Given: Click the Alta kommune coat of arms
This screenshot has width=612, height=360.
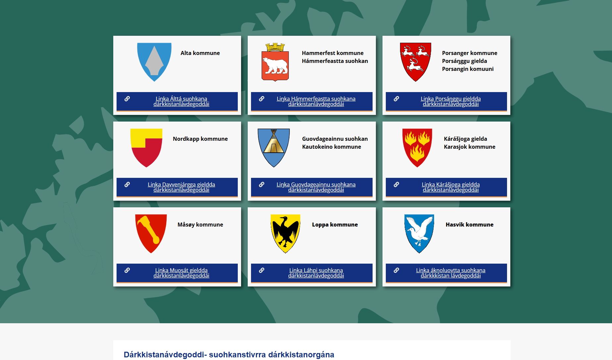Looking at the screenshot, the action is tap(154, 62).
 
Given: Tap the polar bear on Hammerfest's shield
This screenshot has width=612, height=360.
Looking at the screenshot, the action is tap(275, 66).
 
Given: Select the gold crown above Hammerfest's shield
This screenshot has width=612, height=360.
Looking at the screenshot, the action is tap(275, 47).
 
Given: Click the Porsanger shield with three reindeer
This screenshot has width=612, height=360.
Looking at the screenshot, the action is tap(415, 62).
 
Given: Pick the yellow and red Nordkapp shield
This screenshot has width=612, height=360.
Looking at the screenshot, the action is tap(146, 148).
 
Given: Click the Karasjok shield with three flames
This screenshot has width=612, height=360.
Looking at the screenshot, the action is tap(417, 148).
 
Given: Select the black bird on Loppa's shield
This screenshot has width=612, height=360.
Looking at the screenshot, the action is tap(285, 231).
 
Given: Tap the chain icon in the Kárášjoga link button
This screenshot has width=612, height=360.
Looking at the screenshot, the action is tap(396, 184).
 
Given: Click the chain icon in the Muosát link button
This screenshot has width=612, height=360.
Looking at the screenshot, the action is tap(127, 270).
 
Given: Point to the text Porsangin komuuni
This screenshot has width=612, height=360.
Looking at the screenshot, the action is tap(468, 69).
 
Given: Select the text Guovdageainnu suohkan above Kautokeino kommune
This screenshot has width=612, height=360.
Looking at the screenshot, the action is tap(335, 139).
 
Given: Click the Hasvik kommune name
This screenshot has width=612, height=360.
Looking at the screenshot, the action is tap(469, 225).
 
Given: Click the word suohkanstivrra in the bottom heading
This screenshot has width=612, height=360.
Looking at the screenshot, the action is tap(237, 355).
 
